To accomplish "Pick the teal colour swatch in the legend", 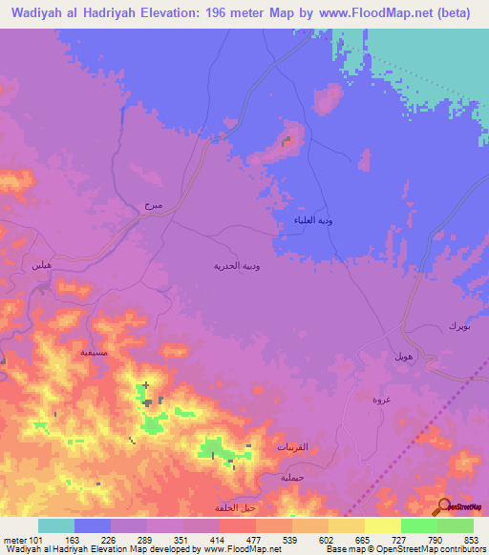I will [x=55, y=525].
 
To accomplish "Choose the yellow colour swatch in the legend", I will [x=382, y=525].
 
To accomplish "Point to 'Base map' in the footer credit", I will [x=342, y=549].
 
